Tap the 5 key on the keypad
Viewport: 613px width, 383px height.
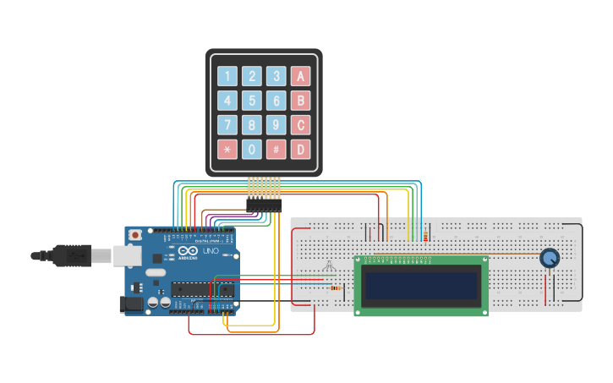[x=251, y=101]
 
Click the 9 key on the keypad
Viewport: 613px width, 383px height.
[x=276, y=125]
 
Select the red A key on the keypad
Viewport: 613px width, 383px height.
[x=300, y=76]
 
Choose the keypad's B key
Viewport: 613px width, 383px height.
[x=300, y=101]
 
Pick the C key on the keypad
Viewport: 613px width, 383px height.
[x=300, y=125]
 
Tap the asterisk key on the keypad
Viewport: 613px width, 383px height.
[x=227, y=150]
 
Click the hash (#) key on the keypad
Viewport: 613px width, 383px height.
[x=276, y=150]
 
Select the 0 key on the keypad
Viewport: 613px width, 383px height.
[x=251, y=150]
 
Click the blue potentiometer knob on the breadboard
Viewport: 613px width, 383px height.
[x=550, y=258]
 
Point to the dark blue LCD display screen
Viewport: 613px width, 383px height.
[x=421, y=285]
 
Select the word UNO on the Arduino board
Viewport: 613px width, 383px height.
[x=210, y=252]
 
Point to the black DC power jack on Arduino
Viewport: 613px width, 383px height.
[x=131, y=304]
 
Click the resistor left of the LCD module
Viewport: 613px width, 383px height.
[x=337, y=288]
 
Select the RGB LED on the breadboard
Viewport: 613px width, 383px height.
[x=329, y=268]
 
